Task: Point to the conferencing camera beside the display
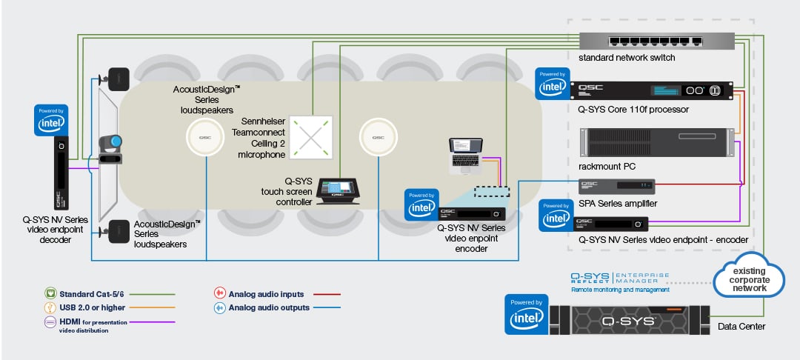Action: point(108,145)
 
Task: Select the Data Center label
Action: point(741,326)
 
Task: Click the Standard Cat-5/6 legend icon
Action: point(51,294)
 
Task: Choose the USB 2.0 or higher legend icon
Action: point(51,307)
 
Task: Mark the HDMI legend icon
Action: point(51,321)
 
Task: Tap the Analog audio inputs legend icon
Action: point(219,294)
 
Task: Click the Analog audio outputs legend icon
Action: point(219,307)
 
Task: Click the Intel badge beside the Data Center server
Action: point(526,314)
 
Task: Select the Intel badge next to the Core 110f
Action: point(552,84)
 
